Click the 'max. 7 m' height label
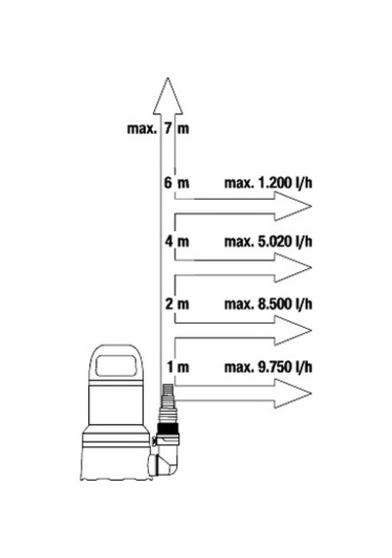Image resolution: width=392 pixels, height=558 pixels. point(158,128)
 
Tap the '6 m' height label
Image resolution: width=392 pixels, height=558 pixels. point(176,183)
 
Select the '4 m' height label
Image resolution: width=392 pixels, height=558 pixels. point(176,242)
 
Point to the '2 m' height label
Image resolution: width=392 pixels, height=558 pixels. point(176,304)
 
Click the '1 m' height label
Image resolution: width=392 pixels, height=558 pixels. point(177,367)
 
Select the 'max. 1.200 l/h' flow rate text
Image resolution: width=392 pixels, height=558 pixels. point(268,183)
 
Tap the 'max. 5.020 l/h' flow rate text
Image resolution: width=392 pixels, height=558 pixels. point(268,242)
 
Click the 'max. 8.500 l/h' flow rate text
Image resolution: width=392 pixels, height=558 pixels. point(268,304)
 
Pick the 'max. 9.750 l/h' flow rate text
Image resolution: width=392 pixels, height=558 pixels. point(268,367)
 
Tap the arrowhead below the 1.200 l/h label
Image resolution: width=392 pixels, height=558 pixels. point(293,206)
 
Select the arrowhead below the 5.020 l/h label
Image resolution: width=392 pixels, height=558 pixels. point(293,267)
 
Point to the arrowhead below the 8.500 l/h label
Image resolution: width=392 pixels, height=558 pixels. point(293,331)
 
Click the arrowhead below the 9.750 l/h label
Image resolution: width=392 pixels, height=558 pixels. point(293,394)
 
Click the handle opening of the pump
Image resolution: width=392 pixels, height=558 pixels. point(117,365)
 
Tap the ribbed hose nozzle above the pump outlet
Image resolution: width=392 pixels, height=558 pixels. point(168,402)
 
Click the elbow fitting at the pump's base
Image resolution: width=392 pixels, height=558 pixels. point(167,459)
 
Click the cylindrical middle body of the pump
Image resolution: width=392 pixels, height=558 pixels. point(117,405)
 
